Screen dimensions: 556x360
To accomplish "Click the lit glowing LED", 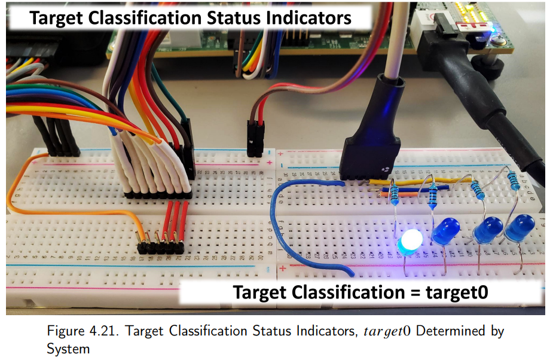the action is (x=410, y=242).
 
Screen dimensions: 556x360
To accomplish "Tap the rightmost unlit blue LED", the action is (x=518, y=228).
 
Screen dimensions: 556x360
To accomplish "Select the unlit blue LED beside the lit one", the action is (x=447, y=230).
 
